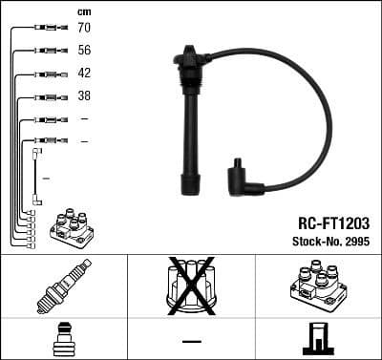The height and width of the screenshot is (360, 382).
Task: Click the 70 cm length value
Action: tap(84, 28)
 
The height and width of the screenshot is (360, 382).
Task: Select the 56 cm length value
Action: tap(84, 51)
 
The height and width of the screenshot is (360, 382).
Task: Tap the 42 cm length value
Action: tap(84, 74)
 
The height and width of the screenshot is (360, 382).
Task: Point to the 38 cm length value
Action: tap(84, 96)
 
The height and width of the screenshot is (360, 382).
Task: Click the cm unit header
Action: tap(84, 11)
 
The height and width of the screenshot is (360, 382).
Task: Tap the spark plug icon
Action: tap(63, 286)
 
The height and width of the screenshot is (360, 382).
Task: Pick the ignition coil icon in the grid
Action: tap(318, 286)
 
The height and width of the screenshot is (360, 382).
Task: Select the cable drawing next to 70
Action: tap(44, 28)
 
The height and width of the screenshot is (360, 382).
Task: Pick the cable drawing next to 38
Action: tap(44, 96)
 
